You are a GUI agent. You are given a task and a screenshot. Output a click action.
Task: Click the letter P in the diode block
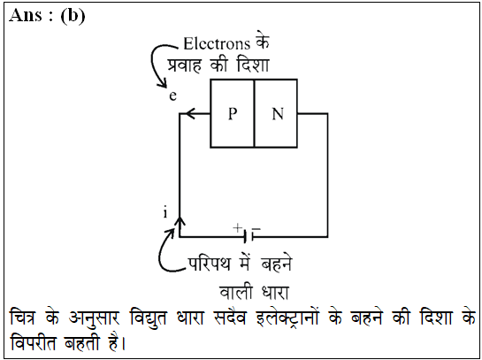coord(233,114)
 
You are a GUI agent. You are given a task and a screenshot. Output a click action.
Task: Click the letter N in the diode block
coord(278,114)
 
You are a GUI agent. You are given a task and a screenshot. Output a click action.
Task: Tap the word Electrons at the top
coord(217,43)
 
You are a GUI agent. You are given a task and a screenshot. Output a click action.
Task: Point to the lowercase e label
coord(172,96)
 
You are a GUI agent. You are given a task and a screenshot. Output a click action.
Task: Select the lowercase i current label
coord(165,212)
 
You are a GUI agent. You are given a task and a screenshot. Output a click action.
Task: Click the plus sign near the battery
coord(237,228)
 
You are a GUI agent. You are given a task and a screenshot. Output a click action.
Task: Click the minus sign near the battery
coord(256,229)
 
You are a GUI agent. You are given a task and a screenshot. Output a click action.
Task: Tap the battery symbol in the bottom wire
coord(249,236)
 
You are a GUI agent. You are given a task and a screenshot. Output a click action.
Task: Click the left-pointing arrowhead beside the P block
coord(190,114)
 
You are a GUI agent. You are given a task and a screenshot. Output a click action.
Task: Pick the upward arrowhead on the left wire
coord(180,222)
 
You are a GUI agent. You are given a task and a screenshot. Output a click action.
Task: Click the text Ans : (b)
coord(47,16)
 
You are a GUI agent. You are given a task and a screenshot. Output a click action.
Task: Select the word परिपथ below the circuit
coord(210,264)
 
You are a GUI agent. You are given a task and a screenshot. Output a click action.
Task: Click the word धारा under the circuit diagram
coord(275,293)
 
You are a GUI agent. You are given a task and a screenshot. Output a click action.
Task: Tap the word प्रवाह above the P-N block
coord(185,65)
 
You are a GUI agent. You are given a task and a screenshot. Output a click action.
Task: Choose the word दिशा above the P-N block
coord(253,65)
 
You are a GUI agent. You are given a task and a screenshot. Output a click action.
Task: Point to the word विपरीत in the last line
coord(34,341)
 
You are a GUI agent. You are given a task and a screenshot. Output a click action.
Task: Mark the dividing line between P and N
coord(254,113)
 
